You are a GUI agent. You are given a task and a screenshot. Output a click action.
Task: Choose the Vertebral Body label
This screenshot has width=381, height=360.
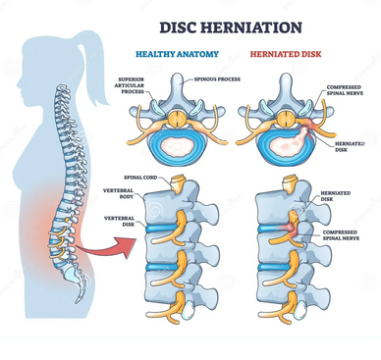click(120, 193)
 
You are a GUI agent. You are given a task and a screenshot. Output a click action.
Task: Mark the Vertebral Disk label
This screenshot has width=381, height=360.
click(120, 219)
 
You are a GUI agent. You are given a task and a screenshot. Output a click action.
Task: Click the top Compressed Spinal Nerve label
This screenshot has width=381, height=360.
click(348, 94)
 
